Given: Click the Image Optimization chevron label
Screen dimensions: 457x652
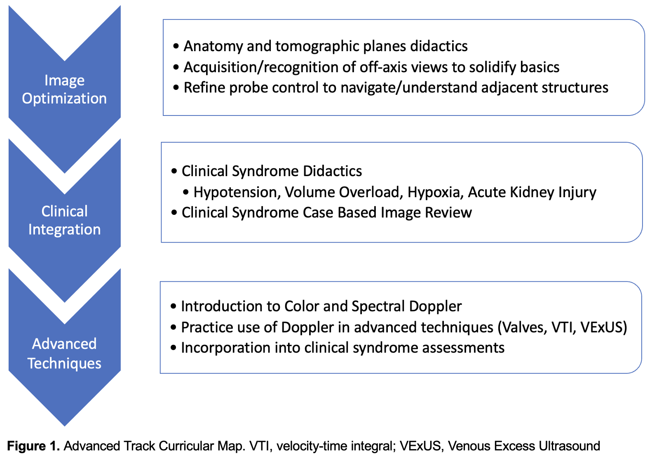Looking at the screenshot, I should tap(64, 89).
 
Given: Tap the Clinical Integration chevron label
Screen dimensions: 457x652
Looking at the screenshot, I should tap(64, 220).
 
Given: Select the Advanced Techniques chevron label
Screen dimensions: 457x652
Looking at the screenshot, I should tap(64, 353).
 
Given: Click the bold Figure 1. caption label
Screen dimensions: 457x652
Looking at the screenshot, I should tap(33, 446).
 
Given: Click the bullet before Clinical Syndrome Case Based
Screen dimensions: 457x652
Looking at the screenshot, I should tap(174, 213).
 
